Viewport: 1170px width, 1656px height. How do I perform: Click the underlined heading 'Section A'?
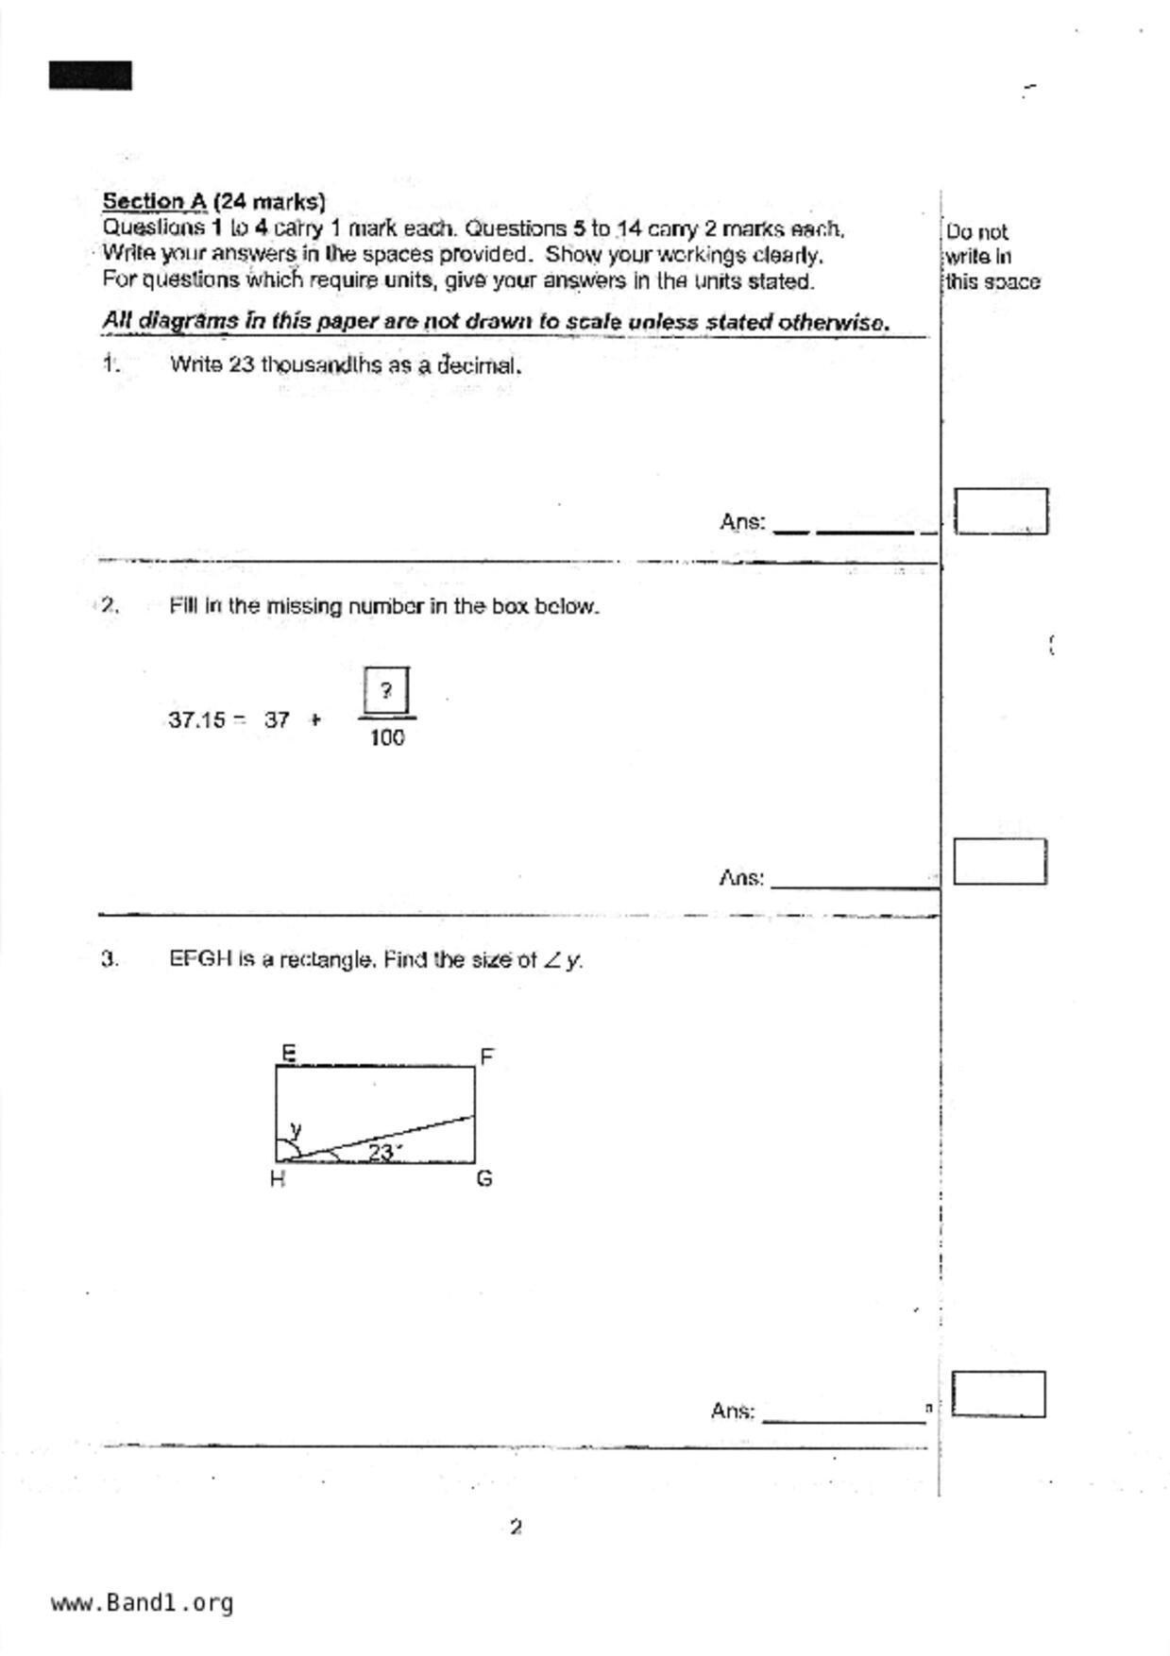click(x=154, y=201)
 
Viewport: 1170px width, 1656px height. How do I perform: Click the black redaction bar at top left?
click(x=91, y=76)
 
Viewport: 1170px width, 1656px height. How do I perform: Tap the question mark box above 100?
click(x=385, y=691)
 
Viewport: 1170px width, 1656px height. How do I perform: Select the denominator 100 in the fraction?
click(x=387, y=738)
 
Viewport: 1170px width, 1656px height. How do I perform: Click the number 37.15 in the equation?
click(x=196, y=720)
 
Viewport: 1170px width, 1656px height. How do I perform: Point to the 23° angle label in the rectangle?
click(x=383, y=1152)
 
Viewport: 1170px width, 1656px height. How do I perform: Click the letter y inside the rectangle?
click(x=296, y=1129)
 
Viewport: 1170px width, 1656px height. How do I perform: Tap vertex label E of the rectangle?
click(x=288, y=1053)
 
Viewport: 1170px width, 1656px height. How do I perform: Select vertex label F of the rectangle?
click(x=487, y=1056)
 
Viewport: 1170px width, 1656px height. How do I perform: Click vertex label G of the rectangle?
click(x=484, y=1178)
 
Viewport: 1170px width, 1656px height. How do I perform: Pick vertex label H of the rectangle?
click(x=277, y=1179)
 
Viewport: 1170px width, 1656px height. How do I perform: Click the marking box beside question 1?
click(x=1000, y=512)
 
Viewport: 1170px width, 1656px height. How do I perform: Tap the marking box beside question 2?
click(x=999, y=862)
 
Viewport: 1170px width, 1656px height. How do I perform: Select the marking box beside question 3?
click(x=998, y=1394)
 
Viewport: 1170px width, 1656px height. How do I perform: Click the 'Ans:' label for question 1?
click(x=742, y=522)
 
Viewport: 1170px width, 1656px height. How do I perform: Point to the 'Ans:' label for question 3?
click(x=733, y=1411)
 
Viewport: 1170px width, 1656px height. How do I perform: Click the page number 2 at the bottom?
click(x=516, y=1527)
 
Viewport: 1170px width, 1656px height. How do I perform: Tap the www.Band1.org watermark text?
click(x=142, y=1603)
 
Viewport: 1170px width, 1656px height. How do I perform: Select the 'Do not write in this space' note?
click(x=992, y=257)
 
